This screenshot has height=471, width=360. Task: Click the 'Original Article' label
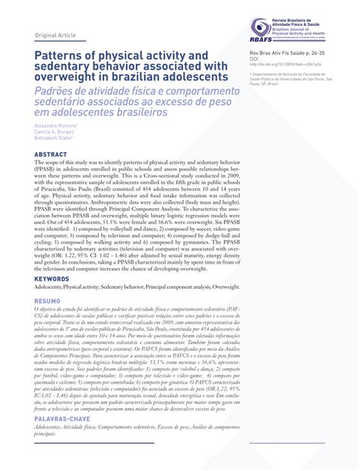[x=55, y=36]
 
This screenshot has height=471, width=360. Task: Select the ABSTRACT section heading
[x=50, y=154]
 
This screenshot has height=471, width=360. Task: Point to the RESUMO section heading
[x=49, y=301]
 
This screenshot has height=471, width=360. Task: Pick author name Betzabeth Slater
[x=54, y=138]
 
